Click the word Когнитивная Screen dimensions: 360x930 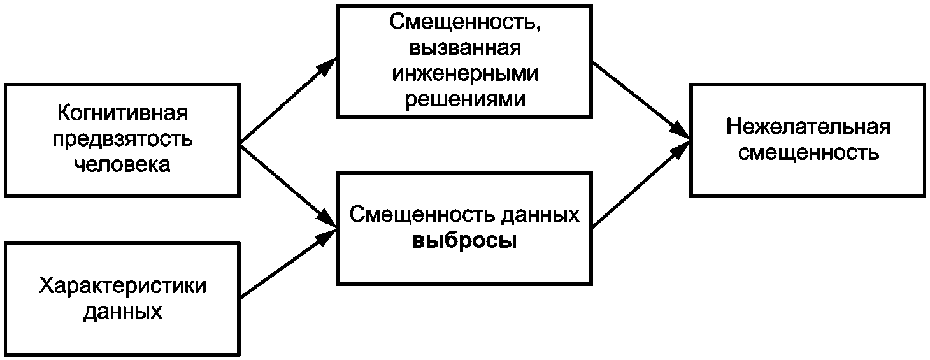(123, 114)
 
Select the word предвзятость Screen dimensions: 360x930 (123, 140)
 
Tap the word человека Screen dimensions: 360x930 (123, 165)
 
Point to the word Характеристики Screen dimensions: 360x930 (123, 286)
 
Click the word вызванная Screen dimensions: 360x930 (464, 48)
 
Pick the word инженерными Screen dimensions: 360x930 (464, 74)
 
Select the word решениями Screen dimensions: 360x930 (464, 99)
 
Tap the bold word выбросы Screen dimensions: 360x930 (464, 242)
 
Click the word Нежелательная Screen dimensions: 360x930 (808, 126)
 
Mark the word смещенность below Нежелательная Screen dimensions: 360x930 (808, 152)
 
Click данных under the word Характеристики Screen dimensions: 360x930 (123, 312)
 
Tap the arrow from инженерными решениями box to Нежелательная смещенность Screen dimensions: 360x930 (640, 99)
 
